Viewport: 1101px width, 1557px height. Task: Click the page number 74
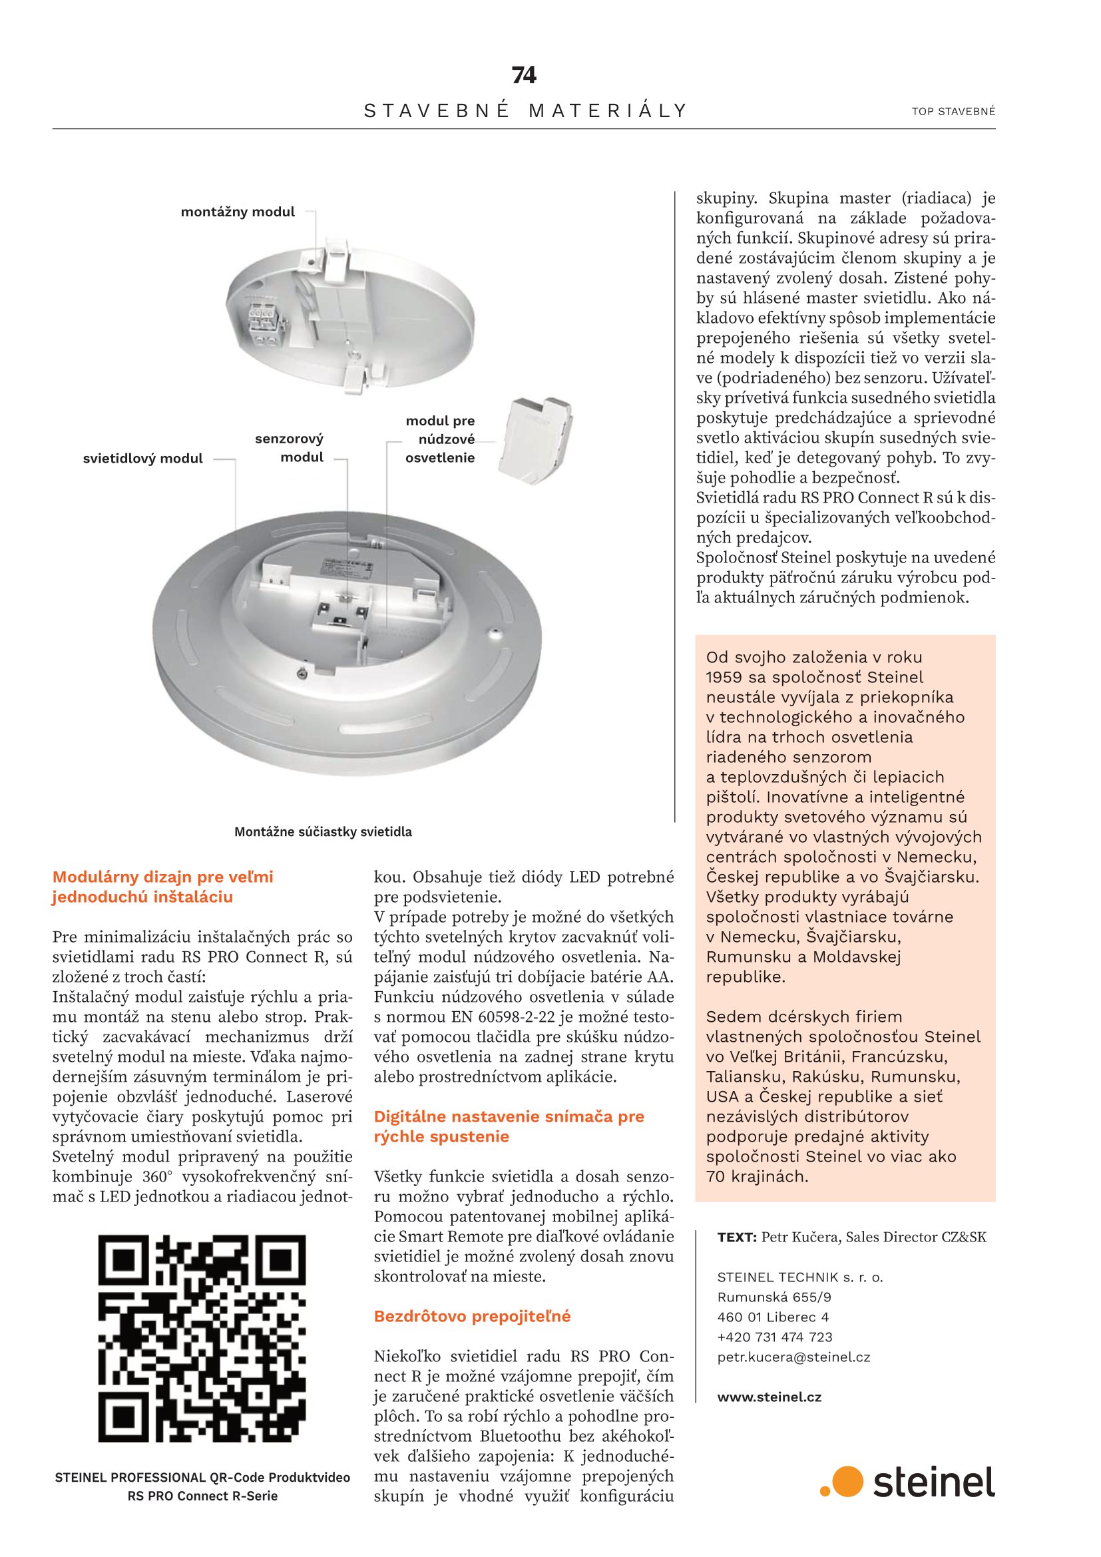(x=524, y=75)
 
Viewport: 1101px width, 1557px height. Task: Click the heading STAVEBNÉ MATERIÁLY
(x=525, y=111)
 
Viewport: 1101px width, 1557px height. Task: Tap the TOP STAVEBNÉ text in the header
(x=953, y=111)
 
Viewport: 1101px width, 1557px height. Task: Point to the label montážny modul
(x=237, y=212)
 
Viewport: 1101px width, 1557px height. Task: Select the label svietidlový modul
(x=142, y=459)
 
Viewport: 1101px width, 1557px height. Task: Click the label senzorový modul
(x=290, y=447)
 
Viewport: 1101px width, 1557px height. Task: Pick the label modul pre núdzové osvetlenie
(x=440, y=439)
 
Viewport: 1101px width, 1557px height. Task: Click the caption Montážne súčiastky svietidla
(x=323, y=831)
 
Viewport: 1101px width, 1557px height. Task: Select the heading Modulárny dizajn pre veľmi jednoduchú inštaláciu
(x=162, y=887)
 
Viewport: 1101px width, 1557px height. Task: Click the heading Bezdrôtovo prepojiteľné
(x=473, y=1316)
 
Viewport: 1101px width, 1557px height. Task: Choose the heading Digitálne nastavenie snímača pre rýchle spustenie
(x=509, y=1126)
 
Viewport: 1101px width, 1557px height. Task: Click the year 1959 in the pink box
(x=725, y=677)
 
